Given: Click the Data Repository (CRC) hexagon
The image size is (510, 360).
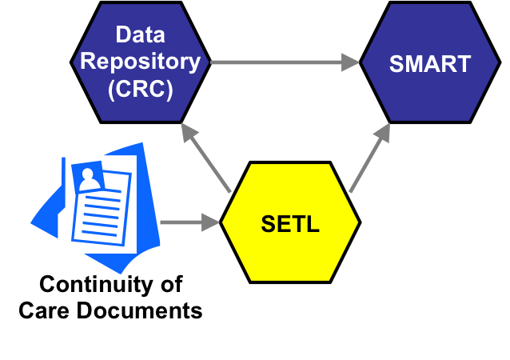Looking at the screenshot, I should [x=141, y=62].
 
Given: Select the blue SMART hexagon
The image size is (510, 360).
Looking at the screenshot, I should [x=430, y=62].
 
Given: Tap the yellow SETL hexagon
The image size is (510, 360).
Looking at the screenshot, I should [x=289, y=222].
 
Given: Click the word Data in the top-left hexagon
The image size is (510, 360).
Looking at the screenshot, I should [x=141, y=35].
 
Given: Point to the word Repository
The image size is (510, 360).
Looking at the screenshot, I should [x=141, y=62].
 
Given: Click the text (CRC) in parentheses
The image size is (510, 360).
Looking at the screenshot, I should [x=141, y=89].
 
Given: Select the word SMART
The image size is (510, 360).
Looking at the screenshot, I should [x=430, y=64].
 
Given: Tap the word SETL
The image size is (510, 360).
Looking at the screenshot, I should [x=289, y=224].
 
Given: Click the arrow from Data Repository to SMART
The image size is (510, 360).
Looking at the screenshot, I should [x=284, y=62].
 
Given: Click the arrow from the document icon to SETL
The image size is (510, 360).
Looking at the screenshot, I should [x=189, y=222].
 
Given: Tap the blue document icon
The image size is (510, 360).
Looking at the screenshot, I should [x=96, y=208].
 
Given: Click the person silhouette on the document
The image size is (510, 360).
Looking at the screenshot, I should [x=90, y=178].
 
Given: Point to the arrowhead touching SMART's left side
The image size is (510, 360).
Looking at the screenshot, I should [x=352, y=62].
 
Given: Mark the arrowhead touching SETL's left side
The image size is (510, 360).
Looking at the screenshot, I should [x=211, y=222].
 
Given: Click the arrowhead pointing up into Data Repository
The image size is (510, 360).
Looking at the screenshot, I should [x=189, y=131].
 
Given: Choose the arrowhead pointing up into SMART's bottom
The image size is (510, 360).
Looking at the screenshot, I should [x=384, y=132].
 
